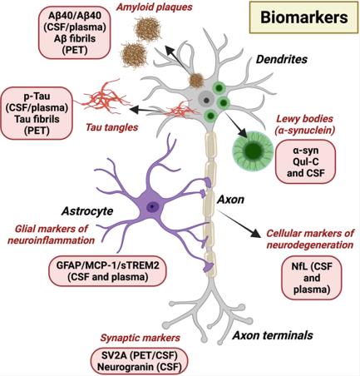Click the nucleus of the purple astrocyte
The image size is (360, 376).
point(151,205)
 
